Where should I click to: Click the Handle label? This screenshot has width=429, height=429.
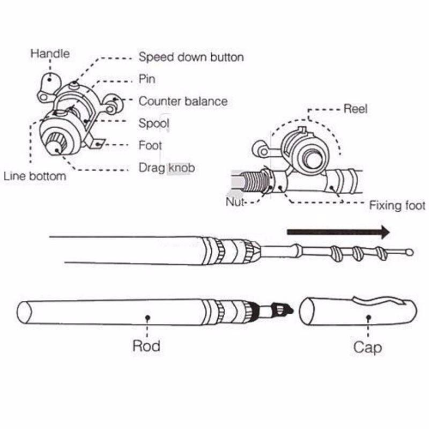click(x=50, y=54)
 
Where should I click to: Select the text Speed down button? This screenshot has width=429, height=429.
click(x=191, y=57)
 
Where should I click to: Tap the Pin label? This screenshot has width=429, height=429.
click(x=147, y=79)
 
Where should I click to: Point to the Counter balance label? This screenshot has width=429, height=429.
click(x=183, y=101)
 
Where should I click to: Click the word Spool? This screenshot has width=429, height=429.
click(x=154, y=123)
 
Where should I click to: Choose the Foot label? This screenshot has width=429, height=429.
click(x=150, y=145)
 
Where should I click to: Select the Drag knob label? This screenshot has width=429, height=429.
click(x=166, y=168)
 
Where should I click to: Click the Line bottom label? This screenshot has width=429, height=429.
click(x=35, y=176)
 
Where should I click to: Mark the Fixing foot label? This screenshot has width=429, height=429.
click(x=397, y=205)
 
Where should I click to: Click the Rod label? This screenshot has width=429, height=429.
click(x=146, y=346)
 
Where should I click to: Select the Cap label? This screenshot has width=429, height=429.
click(x=368, y=347)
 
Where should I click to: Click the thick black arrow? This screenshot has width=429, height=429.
click(x=338, y=232)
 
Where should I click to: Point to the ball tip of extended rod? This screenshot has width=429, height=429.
click(x=410, y=252)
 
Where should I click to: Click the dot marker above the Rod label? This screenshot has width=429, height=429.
click(x=147, y=317)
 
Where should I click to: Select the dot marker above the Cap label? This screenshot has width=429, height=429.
click(x=368, y=317)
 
